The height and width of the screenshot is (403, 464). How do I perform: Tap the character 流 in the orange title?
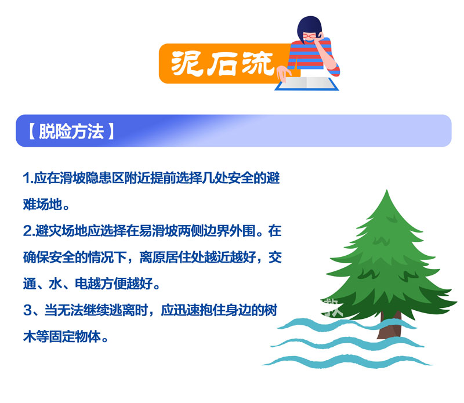[258, 63]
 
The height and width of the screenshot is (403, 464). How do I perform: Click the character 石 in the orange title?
[222, 64]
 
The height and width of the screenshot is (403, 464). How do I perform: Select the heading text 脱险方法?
[71, 131]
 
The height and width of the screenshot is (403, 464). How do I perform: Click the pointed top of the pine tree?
[386, 191]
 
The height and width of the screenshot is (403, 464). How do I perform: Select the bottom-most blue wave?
[347, 362]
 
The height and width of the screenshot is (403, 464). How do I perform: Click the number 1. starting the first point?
[28, 178]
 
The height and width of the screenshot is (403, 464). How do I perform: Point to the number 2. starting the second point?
[29, 231]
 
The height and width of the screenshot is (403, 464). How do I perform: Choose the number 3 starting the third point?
[27, 310]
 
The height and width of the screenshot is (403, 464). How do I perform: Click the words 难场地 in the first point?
[42, 205]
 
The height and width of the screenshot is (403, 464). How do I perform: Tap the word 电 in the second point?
[81, 284]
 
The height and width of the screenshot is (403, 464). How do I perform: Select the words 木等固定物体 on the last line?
[62, 337]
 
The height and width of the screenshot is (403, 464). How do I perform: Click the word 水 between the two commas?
[55, 284]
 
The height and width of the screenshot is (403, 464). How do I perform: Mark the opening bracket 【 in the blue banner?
[32, 132]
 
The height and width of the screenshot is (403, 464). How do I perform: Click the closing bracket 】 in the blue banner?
[111, 132]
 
